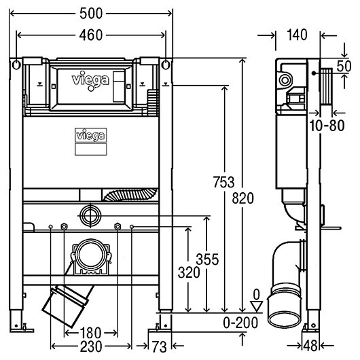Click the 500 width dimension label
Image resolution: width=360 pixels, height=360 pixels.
click(x=91, y=14)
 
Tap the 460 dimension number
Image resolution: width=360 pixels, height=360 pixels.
click(x=91, y=35)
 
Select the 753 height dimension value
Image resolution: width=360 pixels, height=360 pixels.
click(x=223, y=182)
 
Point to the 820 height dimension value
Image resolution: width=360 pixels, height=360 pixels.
click(x=242, y=198)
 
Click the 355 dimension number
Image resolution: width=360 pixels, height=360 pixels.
click(x=207, y=259)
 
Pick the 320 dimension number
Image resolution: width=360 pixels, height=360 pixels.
click(x=189, y=273)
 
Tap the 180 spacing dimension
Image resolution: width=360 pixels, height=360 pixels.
click(x=90, y=333)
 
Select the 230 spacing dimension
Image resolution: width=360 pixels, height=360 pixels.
click(x=91, y=346)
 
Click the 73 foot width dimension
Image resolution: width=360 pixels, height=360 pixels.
click(x=159, y=346)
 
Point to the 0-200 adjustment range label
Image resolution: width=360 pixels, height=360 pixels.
click(x=240, y=323)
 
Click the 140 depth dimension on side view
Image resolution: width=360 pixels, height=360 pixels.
click(x=297, y=35)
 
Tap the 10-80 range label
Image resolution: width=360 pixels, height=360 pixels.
click(x=327, y=126)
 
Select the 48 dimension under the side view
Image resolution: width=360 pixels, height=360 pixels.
click(x=310, y=346)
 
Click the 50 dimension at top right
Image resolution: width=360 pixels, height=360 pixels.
click(x=344, y=66)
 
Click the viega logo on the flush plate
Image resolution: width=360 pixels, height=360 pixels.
click(x=90, y=79)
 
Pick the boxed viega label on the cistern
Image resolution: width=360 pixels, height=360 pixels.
click(x=91, y=135)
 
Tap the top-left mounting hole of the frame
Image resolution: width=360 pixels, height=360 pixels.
click(x=16, y=65)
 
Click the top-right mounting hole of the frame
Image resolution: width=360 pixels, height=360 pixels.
click(x=166, y=65)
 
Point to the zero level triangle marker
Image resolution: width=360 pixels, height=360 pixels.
click(x=256, y=307)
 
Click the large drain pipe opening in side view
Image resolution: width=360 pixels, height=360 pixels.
click(x=285, y=319)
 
